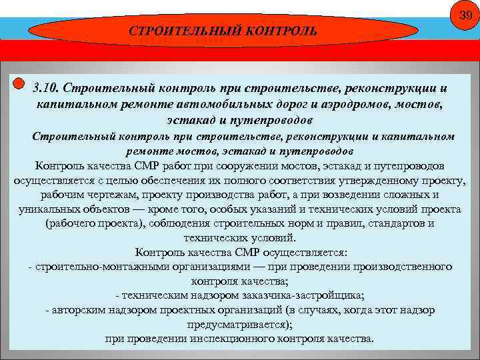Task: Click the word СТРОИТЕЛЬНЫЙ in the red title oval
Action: (174, 31)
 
